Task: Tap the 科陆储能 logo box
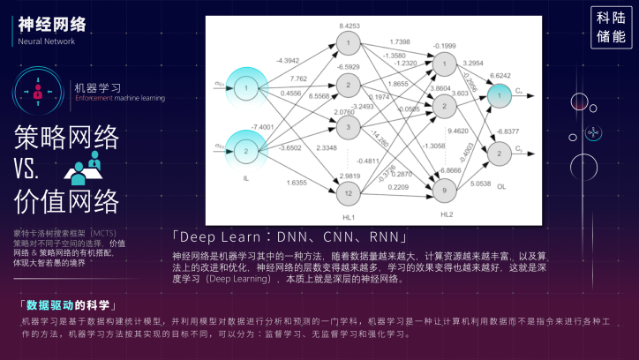click(611, 26)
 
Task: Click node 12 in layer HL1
click(350, 193)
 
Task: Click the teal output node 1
click(500, 94)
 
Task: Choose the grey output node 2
click(500, 153)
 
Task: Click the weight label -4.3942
click(288, 60)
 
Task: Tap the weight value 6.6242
click(500, 75)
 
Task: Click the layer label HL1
click(349, 216)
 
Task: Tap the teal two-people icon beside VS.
click(87, 165)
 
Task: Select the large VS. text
click(36, 168)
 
